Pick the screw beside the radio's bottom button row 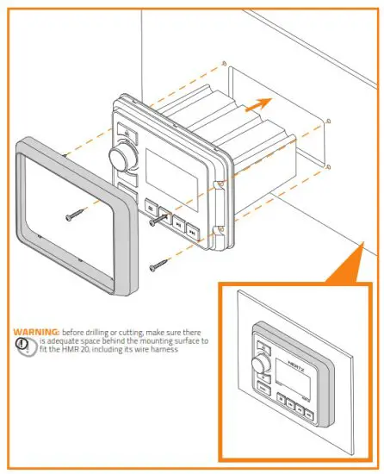[x=157, y=221]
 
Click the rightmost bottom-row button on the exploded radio [x=194, y=231]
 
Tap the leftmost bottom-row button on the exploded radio [x=150, y=207]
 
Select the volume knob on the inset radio [x=259, y=365]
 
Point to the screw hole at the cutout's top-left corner [x=225, y=65]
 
